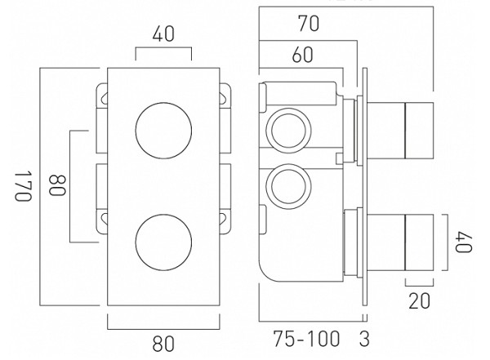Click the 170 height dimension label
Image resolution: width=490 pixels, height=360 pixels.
pos(24,188)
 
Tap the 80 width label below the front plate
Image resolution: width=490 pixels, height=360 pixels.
pos(163,344)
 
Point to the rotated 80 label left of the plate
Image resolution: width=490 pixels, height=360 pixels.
pos(56,187)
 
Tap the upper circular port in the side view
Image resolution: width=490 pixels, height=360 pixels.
pos(287,128)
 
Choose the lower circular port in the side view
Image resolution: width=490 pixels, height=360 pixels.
pos(287,184)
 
